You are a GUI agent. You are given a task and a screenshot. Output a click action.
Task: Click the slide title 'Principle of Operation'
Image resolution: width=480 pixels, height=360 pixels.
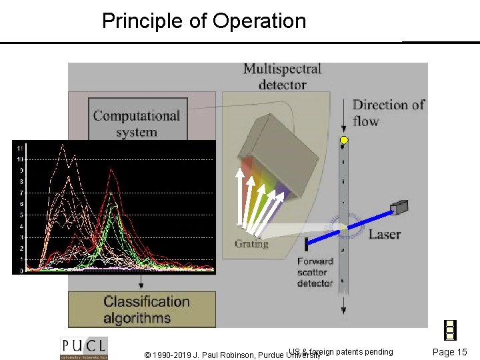204,21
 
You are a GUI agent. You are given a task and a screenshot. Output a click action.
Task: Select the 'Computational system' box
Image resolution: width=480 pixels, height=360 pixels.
137,123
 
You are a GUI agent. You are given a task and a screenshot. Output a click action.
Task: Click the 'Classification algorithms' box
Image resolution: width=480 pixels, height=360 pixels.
146,309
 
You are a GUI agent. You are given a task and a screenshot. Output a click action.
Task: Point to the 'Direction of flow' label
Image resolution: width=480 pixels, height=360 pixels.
388,113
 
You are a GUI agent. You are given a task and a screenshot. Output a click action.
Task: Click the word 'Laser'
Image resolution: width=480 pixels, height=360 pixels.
385,233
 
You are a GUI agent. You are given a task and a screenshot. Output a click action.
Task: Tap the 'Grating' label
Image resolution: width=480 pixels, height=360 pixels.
251,244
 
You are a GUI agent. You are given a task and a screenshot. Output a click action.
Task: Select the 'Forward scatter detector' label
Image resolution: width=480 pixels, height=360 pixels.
315,272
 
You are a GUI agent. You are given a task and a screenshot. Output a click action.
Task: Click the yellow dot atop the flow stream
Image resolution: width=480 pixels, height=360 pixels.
344,141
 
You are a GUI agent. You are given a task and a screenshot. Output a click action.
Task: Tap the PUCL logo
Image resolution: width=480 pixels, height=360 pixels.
85,348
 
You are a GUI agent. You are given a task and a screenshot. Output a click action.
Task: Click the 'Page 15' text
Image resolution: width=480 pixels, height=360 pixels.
450,352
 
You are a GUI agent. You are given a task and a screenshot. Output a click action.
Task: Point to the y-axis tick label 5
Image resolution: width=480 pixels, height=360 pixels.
21,215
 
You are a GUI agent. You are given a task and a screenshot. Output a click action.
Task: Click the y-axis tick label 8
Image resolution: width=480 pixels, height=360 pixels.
21,181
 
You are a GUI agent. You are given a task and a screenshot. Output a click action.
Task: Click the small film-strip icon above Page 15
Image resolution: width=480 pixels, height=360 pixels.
450,330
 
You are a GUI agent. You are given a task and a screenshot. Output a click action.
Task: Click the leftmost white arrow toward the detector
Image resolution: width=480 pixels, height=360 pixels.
237,197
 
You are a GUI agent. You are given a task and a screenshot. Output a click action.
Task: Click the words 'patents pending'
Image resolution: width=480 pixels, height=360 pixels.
365,351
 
